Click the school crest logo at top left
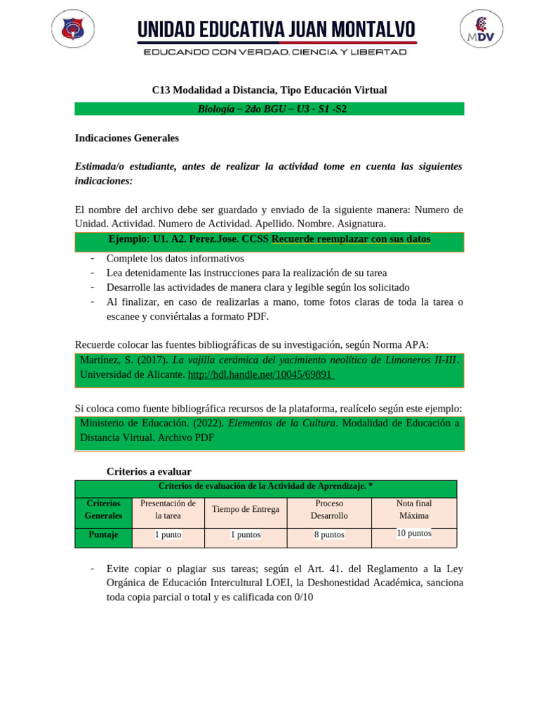(x=73, y=29)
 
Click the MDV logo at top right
(x=481, y=29)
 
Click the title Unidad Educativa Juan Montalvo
(x=276, y=29)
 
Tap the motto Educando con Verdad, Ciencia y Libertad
(x=275, y=52)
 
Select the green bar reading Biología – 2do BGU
(x=269, y=109)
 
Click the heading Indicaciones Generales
(x=127, y=138)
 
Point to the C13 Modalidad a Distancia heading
(x=269, y=90)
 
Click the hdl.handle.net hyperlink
(x=260, y=374)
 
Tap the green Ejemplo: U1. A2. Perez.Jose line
(x=269, y=239)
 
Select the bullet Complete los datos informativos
(x=175, y=258)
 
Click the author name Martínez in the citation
(x=102, y=360)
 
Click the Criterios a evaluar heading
(x=149, y=472)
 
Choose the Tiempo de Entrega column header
(x=246, y=509)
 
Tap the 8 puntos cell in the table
(x=329, y=534)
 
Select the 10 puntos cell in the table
(x=414, y=533)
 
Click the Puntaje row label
(x=103, y=534)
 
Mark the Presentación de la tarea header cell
(x=168, y=509)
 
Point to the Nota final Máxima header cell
(x=414, y=509)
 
